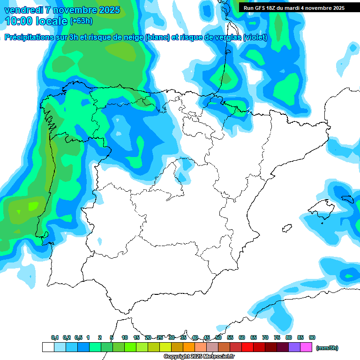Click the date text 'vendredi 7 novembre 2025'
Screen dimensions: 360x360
point(62,10)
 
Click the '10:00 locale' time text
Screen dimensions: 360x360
point(36,21)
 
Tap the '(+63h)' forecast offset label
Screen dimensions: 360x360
point(81,21)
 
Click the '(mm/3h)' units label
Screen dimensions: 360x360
point(327,348)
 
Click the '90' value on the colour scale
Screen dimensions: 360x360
point(312,337)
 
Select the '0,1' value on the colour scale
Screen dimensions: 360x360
point(55,337)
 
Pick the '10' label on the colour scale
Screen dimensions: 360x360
point(125,337)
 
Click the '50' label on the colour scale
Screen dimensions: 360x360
point(218,337)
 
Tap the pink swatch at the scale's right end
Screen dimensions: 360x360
point(306,347)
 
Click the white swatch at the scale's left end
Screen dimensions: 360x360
point(48,347)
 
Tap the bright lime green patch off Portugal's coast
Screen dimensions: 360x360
point(33,206)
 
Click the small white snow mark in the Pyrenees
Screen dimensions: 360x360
point(249,112)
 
